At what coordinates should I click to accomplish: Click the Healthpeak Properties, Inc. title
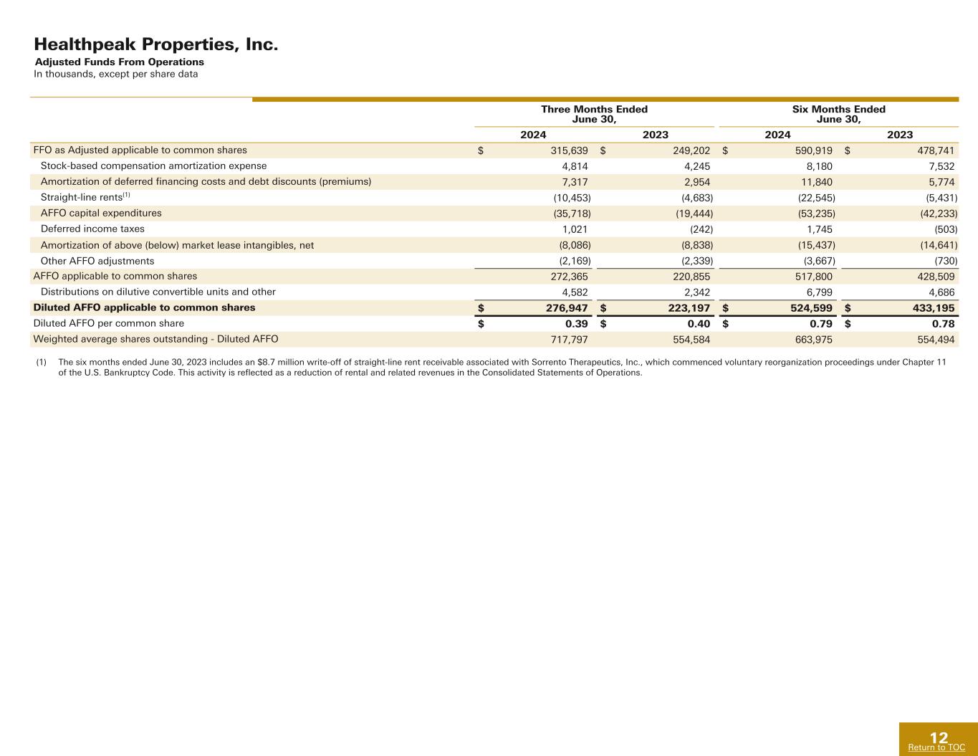click(x=155, y=44)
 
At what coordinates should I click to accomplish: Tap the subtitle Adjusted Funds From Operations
click(x=120, y=62)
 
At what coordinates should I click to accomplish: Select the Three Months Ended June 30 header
click(x=594, y=114)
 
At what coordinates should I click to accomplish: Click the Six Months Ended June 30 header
click(x=838, y=114)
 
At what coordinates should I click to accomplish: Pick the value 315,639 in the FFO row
click(x=565, y=150)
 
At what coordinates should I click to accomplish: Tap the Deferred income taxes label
click(x=92, y=229)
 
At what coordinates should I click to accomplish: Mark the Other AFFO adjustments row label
click(x=97, y=261)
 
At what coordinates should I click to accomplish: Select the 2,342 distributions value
click(x=697, y=292)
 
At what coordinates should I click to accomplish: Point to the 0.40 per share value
click(x=699, y=324)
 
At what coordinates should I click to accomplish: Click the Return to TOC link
click(x=936, y=748)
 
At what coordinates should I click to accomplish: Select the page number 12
click(x=938, y=737)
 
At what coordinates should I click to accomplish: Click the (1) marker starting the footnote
click(x=41, y=363)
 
